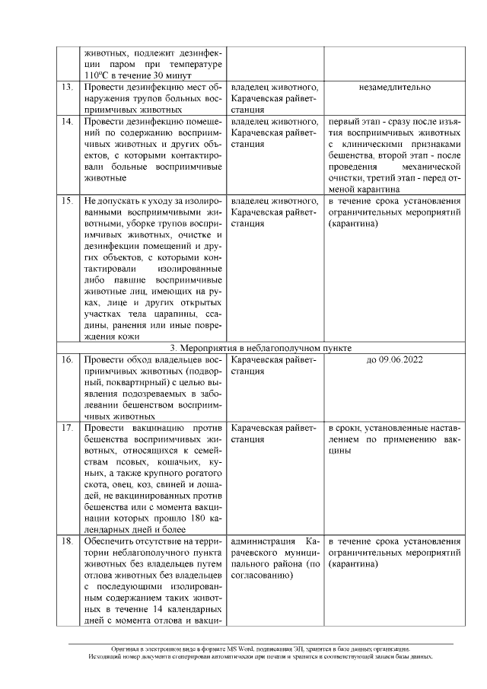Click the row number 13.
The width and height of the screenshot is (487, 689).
point(66,88)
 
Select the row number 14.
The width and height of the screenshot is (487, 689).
point(66,121)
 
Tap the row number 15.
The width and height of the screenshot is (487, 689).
point(66,201)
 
